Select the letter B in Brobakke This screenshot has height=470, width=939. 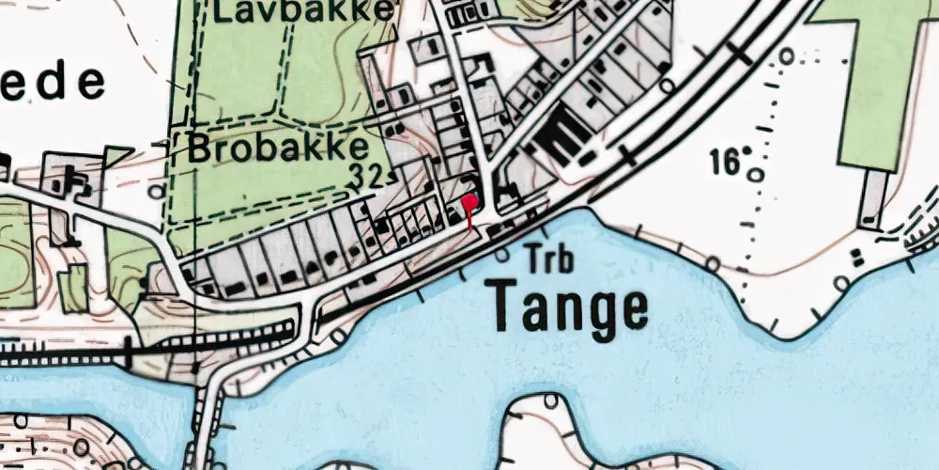(x=200, y=149)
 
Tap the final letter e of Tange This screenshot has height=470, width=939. (x=632, y=306)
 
